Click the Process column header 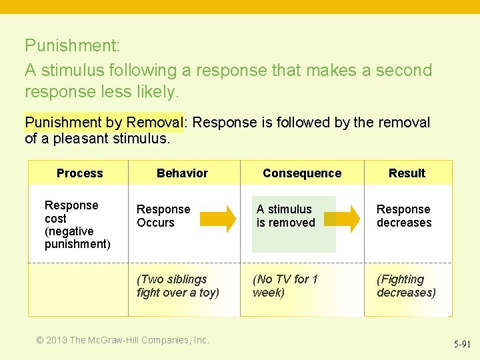79,173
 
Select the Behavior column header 182,173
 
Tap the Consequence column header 301,173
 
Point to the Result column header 407,173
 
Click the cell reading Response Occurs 163,216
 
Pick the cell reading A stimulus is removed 285,216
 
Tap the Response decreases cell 404,216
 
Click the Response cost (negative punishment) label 77,225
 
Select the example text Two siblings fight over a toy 177,286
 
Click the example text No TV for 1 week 285,286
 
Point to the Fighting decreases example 406,286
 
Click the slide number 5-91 462,345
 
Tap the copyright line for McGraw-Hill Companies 123,340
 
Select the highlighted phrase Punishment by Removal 103,123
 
